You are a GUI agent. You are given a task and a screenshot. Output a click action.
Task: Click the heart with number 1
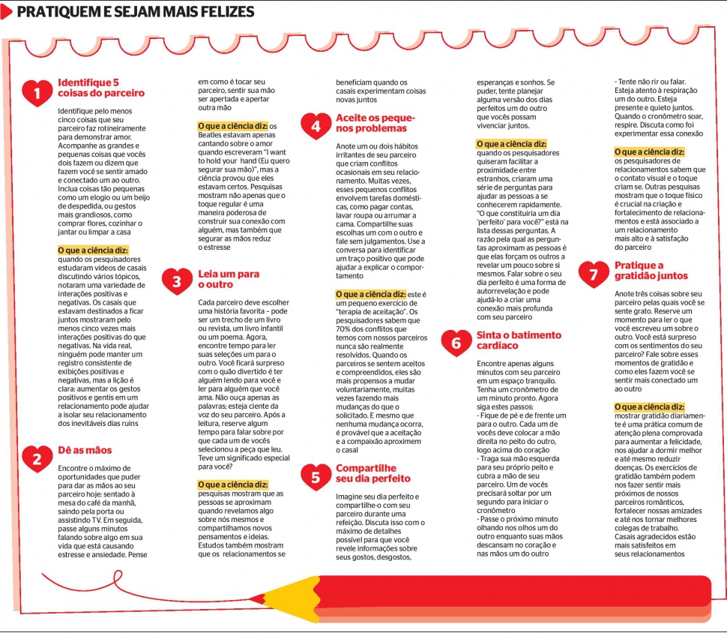point(37,93)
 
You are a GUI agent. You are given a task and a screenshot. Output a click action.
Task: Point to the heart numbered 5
point(316,475)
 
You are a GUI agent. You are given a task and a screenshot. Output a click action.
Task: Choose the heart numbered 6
point(456,342)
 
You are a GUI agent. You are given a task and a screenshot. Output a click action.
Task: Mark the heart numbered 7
point(594,273)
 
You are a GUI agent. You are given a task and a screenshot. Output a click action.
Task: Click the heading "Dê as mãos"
point(85,450)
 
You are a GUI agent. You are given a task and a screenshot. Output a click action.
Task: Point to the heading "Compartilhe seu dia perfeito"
point(373,472)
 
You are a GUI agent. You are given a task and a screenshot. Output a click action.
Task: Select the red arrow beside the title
point(6,12)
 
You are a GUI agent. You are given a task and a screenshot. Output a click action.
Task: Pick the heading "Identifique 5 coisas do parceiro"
point(101,88)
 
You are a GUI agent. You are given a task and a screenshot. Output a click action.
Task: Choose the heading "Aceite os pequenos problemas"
point(375,123)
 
